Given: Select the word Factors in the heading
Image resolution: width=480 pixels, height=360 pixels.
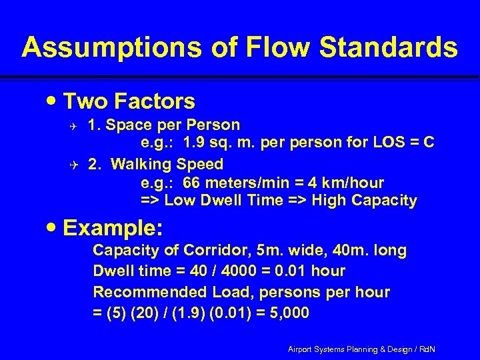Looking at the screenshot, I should [x=155, y=101].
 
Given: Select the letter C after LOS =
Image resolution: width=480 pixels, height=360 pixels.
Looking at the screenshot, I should [x=429, y=141].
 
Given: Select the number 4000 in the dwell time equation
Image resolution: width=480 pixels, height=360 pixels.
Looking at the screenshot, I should [x=238, y=271].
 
